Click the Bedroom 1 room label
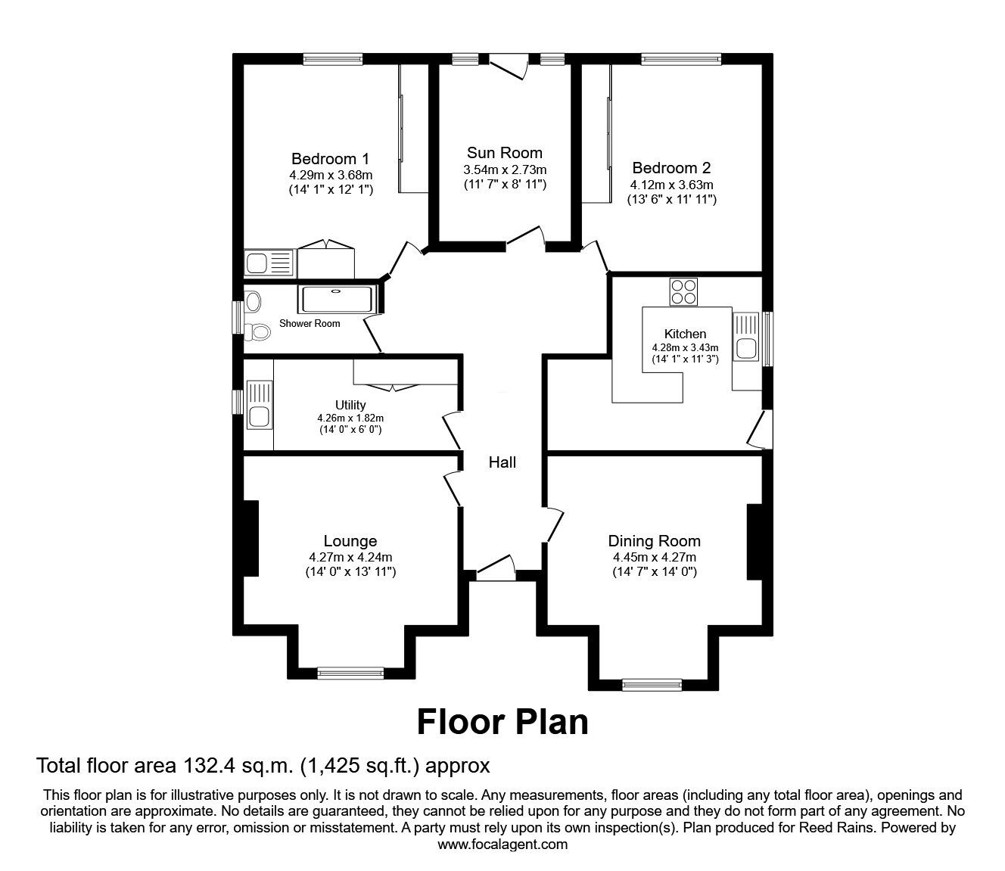coord(330,159)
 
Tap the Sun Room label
coord(504,153)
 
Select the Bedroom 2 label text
coord(671,168)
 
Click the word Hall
coord(502,462)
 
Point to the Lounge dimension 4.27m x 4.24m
coord(350,558)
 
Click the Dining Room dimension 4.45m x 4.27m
coord(654,558)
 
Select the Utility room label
coord(350,405)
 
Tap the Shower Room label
coord(310,324)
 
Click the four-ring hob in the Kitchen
coord(684,291)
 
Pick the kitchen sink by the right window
coord(746,347)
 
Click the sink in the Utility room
coord(258,415)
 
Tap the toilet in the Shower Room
coord(259,331)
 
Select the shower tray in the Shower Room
coord(337,300)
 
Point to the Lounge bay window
coord(350,671)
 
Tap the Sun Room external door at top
coord(508,67)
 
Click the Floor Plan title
coord(502,721)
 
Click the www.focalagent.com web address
coord(502,845)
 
